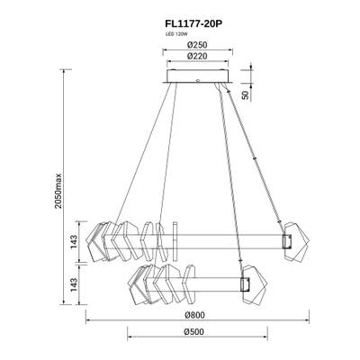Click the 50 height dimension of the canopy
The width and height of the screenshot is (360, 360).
click(x=246, y=94)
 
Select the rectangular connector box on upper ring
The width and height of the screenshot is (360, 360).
click(x=288, y=241)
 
